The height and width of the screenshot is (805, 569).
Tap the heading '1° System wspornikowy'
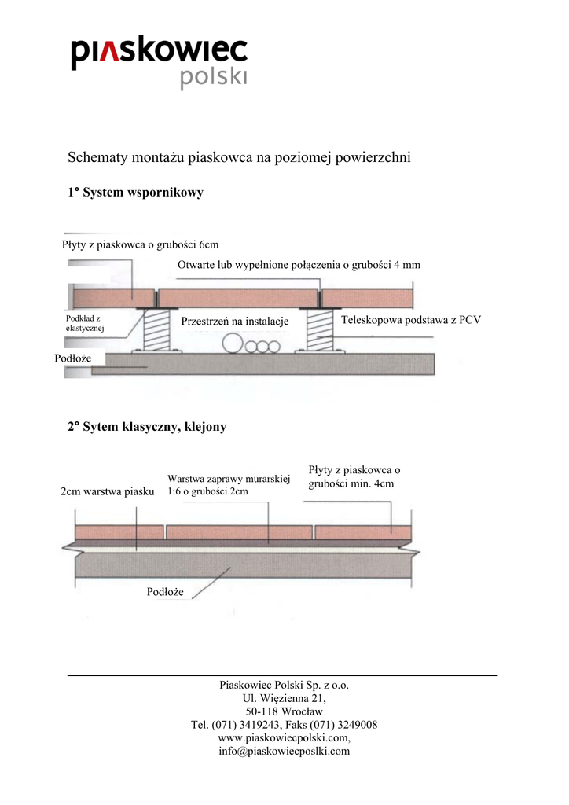point(135,193)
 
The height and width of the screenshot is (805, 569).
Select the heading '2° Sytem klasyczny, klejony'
point(147,427)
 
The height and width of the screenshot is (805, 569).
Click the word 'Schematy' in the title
point(96,157)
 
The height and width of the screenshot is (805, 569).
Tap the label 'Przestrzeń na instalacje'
point(235,322)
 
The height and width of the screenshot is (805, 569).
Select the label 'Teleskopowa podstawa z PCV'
point(410,320)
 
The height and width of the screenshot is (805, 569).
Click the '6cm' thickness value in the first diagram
point(209,244)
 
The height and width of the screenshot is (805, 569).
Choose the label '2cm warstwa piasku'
point(108,491)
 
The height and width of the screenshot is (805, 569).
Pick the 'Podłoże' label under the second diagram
point(165,591)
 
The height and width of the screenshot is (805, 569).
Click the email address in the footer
point(284,752)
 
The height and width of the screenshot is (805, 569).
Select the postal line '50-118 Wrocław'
point(284,711)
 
